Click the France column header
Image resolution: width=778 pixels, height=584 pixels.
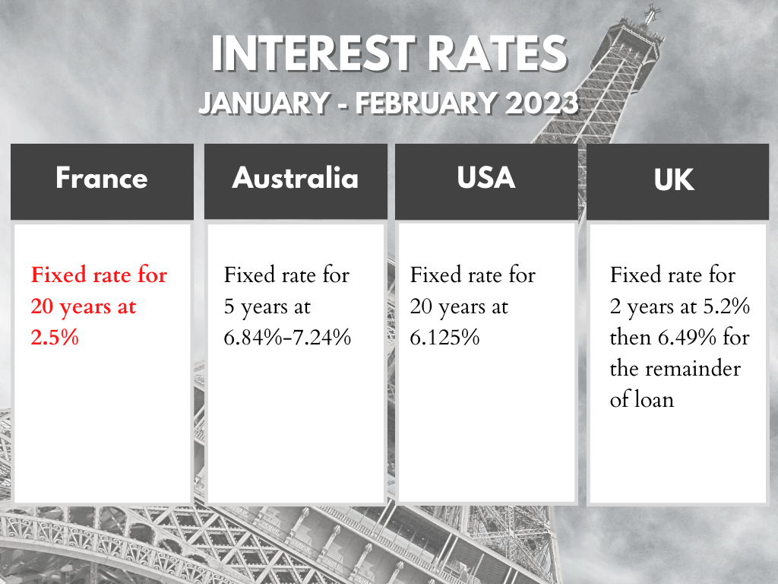101,179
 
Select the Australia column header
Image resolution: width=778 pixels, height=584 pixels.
295,179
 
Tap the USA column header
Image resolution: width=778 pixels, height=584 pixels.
486,177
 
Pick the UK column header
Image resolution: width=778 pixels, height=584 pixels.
674,181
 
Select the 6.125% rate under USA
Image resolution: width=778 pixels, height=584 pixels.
444,337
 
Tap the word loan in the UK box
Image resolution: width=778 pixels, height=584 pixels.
654,398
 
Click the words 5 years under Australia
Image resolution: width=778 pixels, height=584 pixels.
257,307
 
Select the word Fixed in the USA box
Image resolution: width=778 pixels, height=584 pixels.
432,275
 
